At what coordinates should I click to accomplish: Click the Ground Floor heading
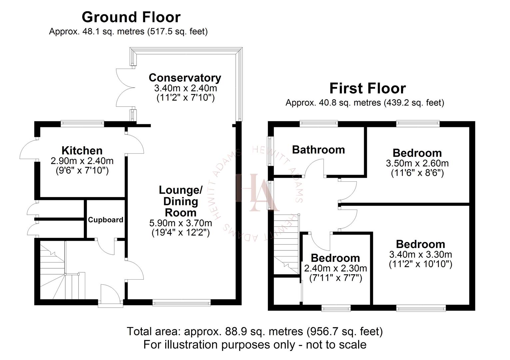coord(131,17)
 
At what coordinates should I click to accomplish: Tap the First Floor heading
coord(367,88)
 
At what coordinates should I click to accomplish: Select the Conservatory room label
coord(185,78)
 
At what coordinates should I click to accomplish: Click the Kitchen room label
coord(82,150)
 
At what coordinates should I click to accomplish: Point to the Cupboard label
coord(106,220)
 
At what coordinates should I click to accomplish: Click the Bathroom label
coord(318,150)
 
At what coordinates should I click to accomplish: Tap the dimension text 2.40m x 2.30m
coord(335,268)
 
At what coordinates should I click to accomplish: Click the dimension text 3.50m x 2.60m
coord(417,163)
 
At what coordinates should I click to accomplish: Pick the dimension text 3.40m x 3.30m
coord(420,255)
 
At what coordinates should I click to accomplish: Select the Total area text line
coord(255,331)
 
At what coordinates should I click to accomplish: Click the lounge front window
coord(182,303)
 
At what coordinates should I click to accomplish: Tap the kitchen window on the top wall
coord(82,124)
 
